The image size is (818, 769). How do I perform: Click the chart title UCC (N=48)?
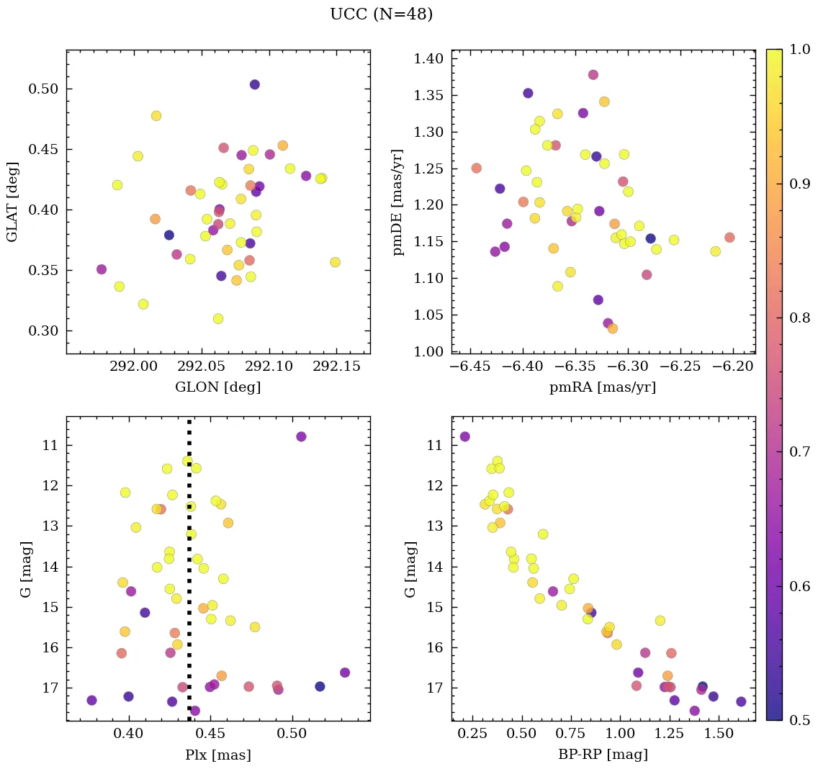coord(381,14)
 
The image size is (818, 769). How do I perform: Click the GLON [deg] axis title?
coord(218,387)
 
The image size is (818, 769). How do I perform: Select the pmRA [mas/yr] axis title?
coord(603,387)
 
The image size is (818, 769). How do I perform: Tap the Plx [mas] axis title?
coord(218,755)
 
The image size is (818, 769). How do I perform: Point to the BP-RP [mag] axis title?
coord(603,755)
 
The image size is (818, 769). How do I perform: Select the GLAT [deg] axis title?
coord(12,202)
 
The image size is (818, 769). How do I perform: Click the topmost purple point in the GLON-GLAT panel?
coord(254,84)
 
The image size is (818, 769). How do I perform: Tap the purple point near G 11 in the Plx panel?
coord(301,436)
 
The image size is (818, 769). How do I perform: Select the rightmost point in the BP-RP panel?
coord(741,701)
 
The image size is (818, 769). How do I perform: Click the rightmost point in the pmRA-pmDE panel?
coord(729,238)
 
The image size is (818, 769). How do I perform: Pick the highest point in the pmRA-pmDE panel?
coord(593,75)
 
